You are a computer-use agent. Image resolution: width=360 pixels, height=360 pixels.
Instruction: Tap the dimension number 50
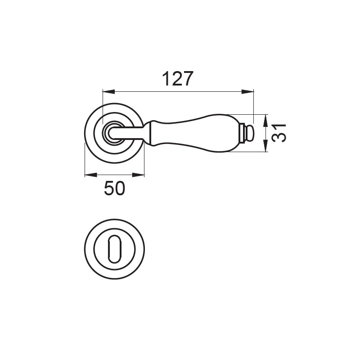(x=115, y=188)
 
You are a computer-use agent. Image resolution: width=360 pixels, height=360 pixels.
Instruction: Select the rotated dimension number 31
(x=279, y=133)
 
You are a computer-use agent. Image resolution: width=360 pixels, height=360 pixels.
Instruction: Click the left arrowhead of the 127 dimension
(x=108, y=92)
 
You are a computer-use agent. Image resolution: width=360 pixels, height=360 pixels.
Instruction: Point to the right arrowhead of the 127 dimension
(x=248, y=92)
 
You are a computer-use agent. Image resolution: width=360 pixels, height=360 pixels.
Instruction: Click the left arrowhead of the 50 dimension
(x=91, y=175)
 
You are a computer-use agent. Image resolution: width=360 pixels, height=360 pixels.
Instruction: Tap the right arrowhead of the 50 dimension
(x=139, y=175)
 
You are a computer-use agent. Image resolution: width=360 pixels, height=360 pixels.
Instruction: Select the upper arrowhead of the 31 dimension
(x=265, y=121)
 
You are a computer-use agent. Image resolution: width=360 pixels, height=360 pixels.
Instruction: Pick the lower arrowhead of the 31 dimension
(x=265, y=146)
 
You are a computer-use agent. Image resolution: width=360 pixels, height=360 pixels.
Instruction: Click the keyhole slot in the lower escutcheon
(x=114, y=249)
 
